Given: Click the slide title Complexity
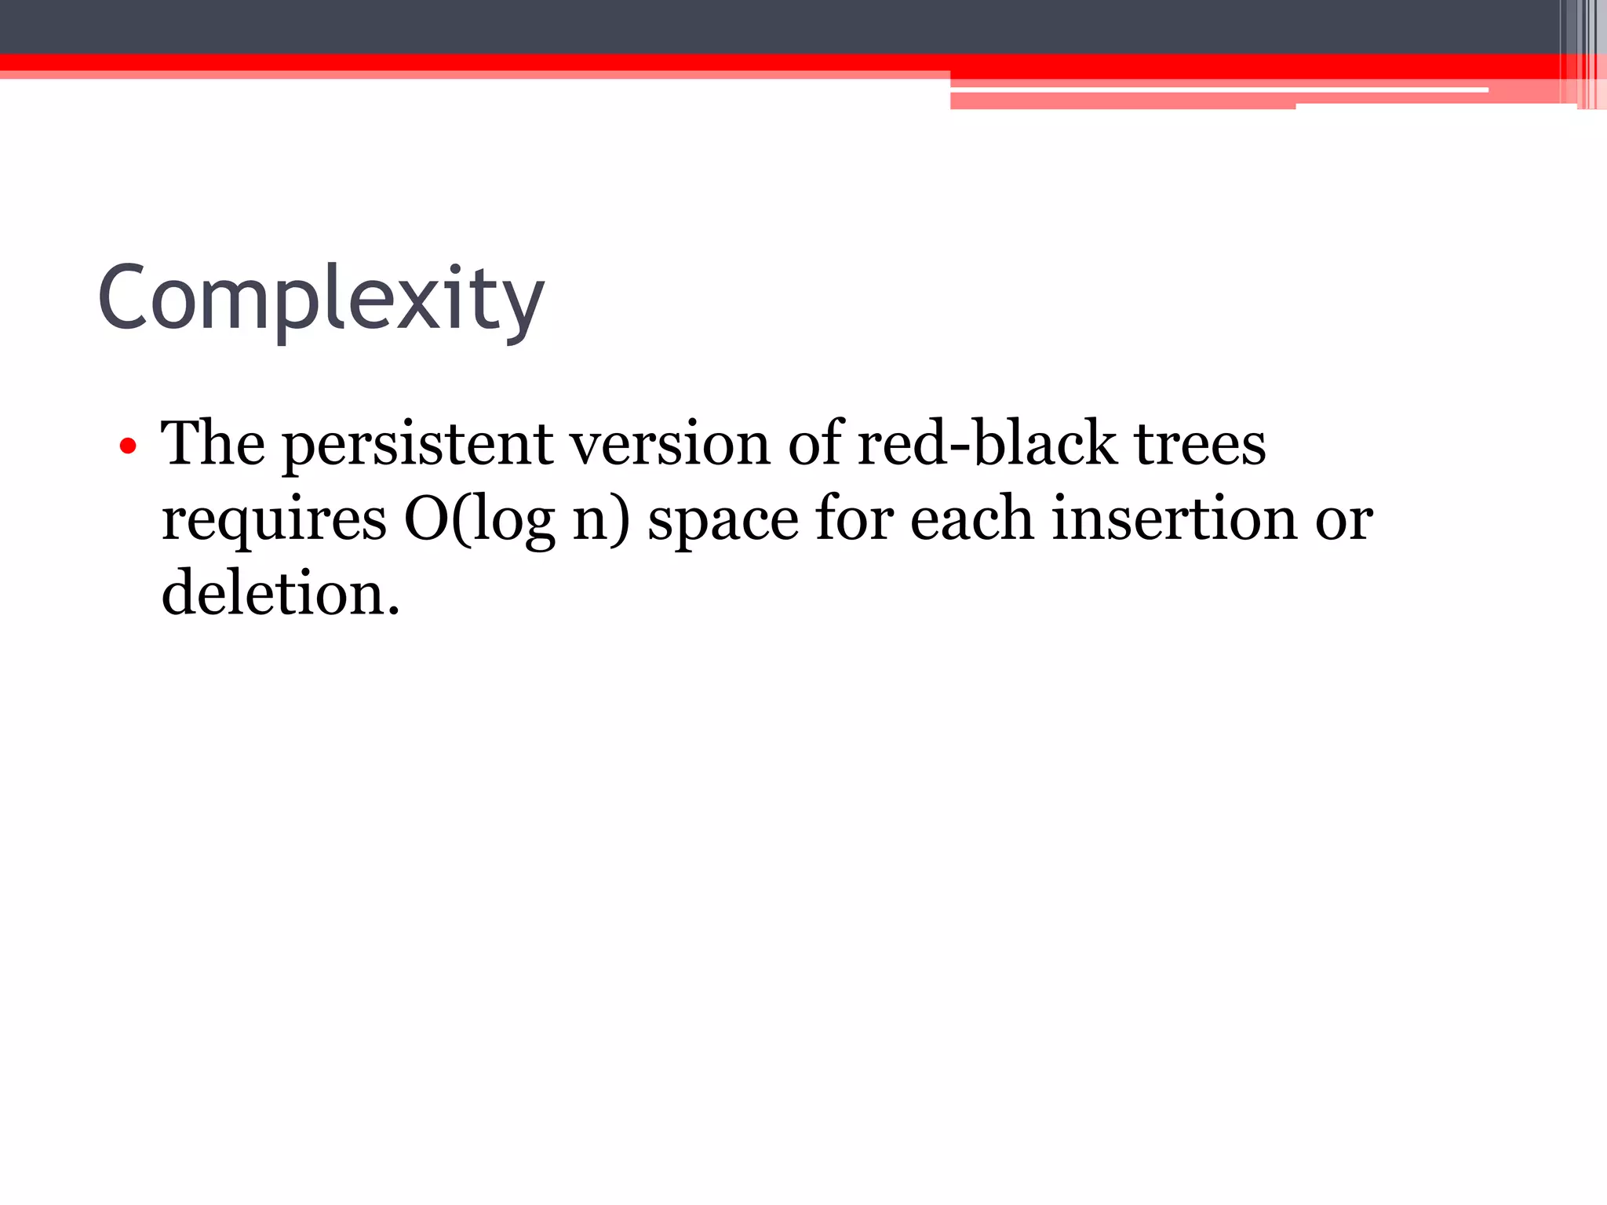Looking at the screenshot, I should coord(321,299).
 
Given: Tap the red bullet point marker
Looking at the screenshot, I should coord(128,447).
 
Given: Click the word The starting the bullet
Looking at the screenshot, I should coord(213,443).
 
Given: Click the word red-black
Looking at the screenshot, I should coord(986,443).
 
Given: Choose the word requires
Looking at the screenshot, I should coord(274,519).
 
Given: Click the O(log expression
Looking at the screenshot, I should coord(479,519).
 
